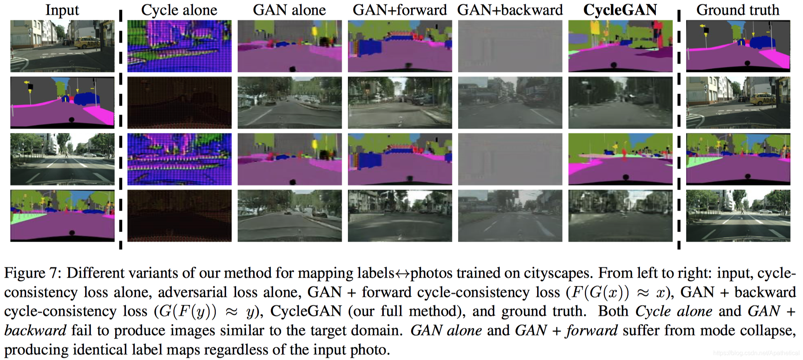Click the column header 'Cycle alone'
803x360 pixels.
pyautogui.click(x=179, y=10)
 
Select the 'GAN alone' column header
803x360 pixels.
pyautogui.click(x=289, y=10)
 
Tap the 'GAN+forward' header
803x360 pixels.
pyautogui.click(x=400, y=10)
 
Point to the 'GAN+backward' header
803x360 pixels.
pyautogui.click(x=510, y=10)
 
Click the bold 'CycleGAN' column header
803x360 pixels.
pyautogui.click(x=620, y=10)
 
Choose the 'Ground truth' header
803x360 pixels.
pyautogui.click(x=737, y=10)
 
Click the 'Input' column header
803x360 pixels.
pyautogui.click(x=62, y=10)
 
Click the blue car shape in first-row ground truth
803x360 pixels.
pyautogui.click(x=758, y=42)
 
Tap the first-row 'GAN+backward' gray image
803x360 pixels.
pyautogui.click(x=510, y=46)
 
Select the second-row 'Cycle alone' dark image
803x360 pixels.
pyautogui.click(x=179, y=103)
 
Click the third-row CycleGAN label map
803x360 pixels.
pyautogui.click(x=620, y=159)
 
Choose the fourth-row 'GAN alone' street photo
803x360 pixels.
pyautogui.click(x=289, y=215)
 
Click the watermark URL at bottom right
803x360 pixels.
pyautogui.click(x=756, y=353)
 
